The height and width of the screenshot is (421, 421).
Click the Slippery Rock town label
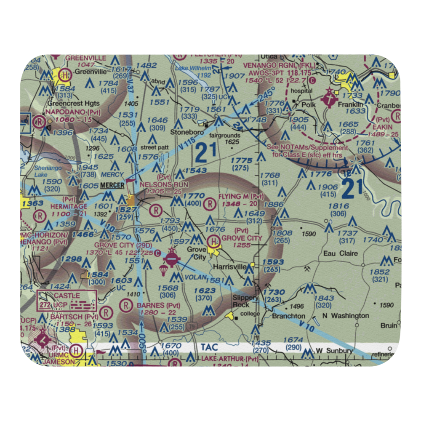point(246,301)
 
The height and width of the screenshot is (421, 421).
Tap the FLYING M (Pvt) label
point(241,197)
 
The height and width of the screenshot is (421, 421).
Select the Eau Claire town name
point(340,253)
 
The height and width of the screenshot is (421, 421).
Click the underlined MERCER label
point(112,185)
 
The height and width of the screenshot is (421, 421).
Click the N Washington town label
point(345,316)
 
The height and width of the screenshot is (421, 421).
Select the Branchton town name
point(288,316)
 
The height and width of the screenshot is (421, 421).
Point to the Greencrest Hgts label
point(74,103)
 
